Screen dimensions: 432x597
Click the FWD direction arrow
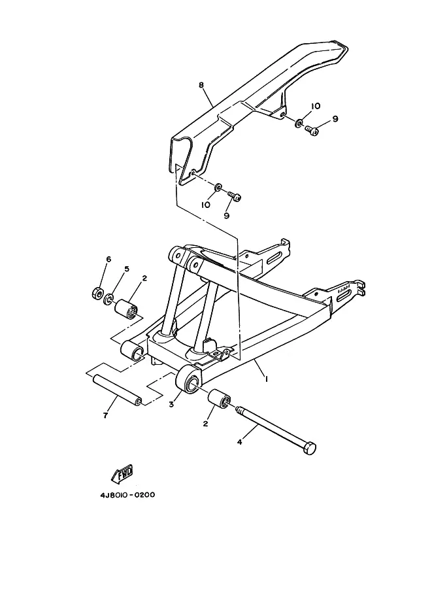point(122,474)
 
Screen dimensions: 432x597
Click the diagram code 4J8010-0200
point(127,496)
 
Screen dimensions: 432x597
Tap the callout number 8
point(201,85)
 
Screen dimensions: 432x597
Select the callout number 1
point(267,379)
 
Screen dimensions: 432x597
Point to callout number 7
point(105,415)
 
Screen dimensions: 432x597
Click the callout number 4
point(239,442)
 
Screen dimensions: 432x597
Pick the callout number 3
point(172,404)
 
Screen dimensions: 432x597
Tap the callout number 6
point(108,260)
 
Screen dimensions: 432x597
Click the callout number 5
point(127,269)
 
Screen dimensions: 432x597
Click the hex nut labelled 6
point(97,293)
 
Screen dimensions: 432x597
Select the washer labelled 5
point(108,299)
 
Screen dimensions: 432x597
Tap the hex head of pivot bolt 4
point(309,448)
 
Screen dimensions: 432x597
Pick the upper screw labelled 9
point(312,131)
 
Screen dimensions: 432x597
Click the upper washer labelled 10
point(299,123)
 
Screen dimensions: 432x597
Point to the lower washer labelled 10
point(218,188)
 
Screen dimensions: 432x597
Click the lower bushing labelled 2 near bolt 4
point(219,399)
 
